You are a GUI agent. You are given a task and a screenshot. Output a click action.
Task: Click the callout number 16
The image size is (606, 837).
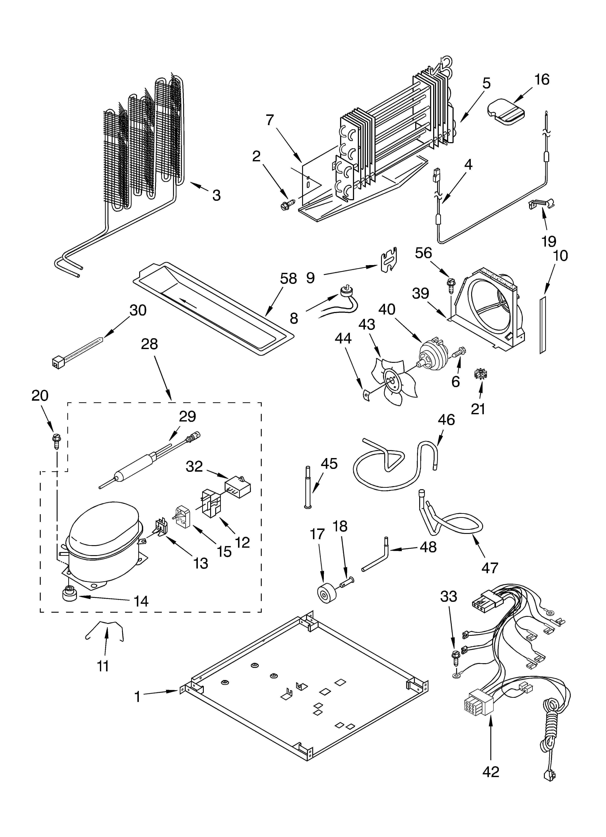(542, 80)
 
